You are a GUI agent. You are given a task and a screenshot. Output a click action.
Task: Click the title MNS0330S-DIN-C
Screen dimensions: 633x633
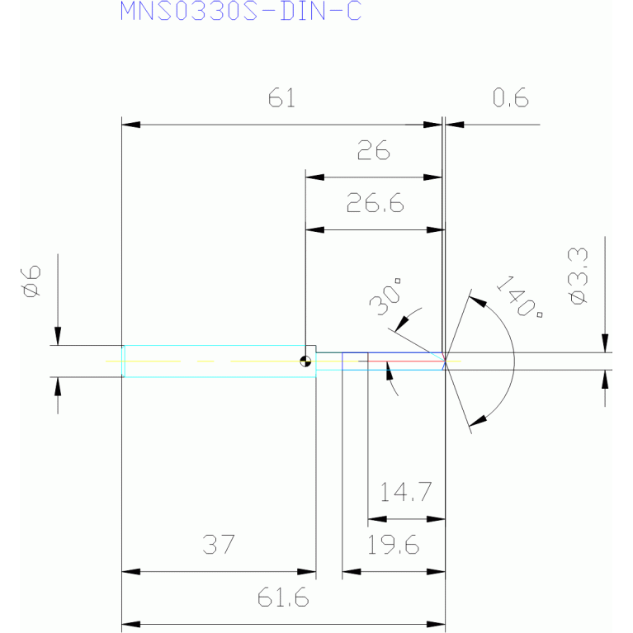[x=241, y=11]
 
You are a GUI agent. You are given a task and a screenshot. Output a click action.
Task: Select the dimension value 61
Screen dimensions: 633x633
[x=281, y=98]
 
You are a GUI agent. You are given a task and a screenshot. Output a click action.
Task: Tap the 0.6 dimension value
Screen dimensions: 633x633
[x=511, y=97]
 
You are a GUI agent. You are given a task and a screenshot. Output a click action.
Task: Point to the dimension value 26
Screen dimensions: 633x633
[x=374, y=150]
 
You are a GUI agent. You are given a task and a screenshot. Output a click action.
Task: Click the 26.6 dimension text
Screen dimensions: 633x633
[x=375, y=203]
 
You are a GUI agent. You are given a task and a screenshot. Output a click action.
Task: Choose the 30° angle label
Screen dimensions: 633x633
[x=385, y=296]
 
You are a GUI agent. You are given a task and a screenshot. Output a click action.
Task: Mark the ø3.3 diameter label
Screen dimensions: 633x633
[x=578, y=276]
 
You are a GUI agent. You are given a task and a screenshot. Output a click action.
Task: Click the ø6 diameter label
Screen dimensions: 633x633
[x=31, y=281]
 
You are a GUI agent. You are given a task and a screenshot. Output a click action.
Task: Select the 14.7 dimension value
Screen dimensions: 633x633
[x=406, y=492]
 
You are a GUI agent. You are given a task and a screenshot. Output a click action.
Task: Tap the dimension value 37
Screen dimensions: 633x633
[x=219, y=544]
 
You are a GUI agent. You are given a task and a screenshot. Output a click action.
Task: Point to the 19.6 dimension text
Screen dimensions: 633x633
[x=393, y=544]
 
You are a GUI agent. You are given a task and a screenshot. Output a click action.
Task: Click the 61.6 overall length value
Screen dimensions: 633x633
[x=283, y=597]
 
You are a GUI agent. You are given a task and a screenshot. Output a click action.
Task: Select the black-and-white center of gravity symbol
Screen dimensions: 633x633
[x=305, y=361]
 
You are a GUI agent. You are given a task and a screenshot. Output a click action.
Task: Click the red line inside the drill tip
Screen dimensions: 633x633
[x=406, y=361]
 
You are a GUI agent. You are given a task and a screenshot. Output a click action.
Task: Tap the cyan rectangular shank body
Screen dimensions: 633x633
[x=220, y=361]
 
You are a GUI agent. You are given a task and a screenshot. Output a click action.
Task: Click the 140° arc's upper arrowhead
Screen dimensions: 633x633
[x=478, y=301]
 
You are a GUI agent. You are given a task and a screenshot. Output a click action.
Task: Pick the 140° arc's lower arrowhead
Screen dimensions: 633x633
[x=478, y=420]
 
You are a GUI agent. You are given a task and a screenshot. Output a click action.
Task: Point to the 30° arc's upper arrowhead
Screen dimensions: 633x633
[x=402, y=324]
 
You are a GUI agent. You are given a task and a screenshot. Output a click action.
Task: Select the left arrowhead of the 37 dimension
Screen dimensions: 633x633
[x=130, y=572]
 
